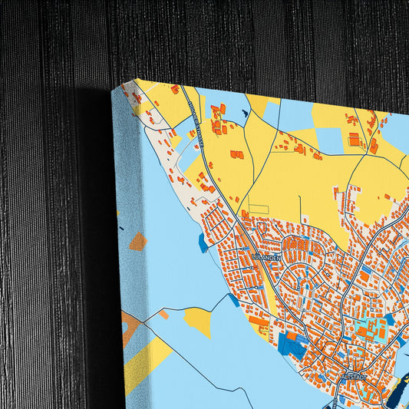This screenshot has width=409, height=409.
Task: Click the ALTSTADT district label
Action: coord(357,376)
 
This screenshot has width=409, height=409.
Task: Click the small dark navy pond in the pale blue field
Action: coord(245,114)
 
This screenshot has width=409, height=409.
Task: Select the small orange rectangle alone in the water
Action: coord(164,314)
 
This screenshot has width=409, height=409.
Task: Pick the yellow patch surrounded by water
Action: coord(199,321)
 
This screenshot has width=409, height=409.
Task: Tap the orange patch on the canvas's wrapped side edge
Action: coord(137,242)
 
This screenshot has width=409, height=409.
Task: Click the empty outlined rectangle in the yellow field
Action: coord(259,209)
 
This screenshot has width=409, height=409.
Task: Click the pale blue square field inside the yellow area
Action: coord(329,140)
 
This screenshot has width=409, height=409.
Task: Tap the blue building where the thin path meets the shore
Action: coord(233,300)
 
